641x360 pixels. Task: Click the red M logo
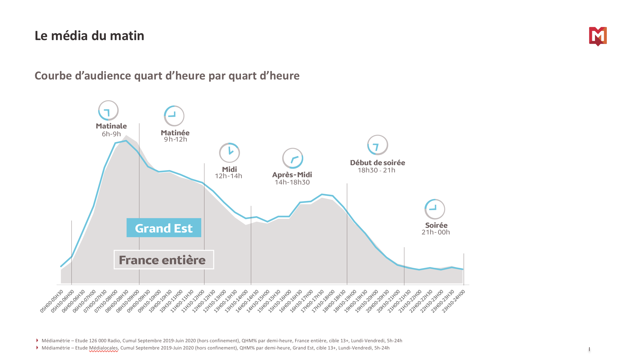point(598,36)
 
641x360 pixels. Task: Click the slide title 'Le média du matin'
point(89,36)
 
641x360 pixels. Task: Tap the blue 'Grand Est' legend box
point(164,228)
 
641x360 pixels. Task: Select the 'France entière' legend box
point(164,260)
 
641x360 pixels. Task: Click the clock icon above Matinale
point(108,111)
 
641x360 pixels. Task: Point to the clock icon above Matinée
point(174,116)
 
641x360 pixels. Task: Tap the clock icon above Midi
point(229,153)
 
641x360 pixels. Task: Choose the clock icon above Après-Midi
point(293,158)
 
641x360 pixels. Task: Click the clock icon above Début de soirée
point(377,145)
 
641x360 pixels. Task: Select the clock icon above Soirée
point(435,209)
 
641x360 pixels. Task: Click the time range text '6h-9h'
point(111,134)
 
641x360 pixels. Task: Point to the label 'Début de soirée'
point(377,163)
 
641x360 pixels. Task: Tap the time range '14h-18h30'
point(292,182)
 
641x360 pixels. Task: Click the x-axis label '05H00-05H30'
point(52,301)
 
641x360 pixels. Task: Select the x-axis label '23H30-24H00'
point(454,301)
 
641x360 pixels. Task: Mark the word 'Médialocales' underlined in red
point(103,348)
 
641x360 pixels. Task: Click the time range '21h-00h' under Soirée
point(436,232)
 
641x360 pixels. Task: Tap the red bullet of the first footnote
point(37,341)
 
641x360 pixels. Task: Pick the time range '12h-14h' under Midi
point(228,176)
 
